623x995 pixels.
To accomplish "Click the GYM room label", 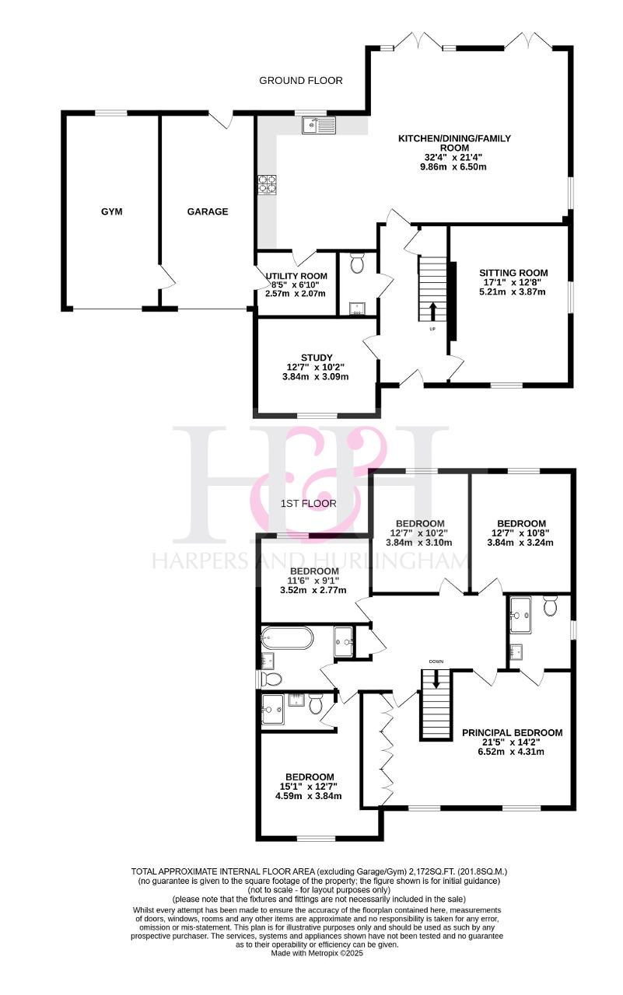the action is (x=111, y=211).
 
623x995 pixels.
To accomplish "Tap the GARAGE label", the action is (x=208, y=211).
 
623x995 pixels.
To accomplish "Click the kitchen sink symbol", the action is (x=320, y=125).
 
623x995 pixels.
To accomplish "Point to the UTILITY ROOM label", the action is (x=296, y=276).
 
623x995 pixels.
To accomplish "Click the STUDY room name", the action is (x=317, y=358).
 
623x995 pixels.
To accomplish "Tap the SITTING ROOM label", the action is (x=513, y=273).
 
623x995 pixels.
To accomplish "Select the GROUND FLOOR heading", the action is (x=301, y=80).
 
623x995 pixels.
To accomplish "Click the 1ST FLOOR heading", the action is (x=309, y=503).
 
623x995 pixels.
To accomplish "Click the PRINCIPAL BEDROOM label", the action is (x=513, y=732).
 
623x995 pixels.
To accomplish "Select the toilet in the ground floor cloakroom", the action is (x=357, y=263).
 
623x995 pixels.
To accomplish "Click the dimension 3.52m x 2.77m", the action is (x=313, y=590).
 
